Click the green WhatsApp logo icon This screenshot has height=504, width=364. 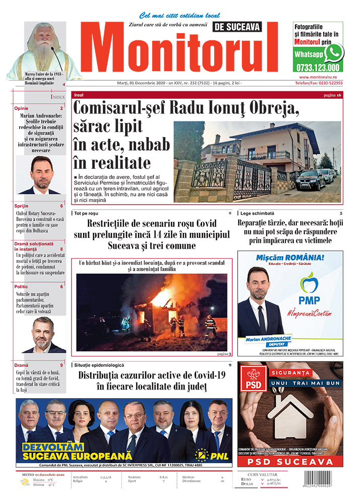[x=334, y=52]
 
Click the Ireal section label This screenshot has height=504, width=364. [x=79, y=95]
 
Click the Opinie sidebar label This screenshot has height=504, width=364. [x=22, y=108]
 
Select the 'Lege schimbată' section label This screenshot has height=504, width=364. [x=258, y=213]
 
